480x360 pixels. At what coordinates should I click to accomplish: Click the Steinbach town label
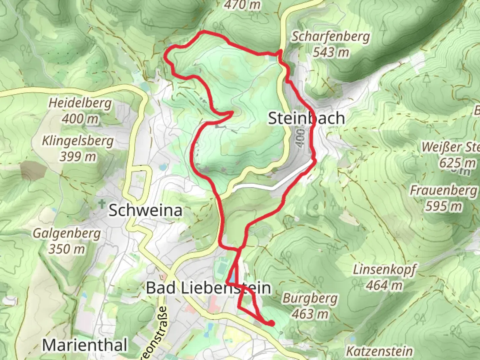(306, 118)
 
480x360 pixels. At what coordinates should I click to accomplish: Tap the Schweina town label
(145, 211)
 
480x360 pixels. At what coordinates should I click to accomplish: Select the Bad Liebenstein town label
(208, 288)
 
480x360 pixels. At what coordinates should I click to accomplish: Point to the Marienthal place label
(85, 345)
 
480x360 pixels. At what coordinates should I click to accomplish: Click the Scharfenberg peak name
(331, 37)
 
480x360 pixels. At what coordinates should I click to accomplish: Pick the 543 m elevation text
(331, 52)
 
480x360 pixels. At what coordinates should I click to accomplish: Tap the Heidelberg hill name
(80, 103)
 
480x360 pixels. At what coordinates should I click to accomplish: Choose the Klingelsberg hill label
(78, 141)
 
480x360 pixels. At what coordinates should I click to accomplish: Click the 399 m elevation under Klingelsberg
(78, 156)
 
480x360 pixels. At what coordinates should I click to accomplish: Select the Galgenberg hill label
(67, 233)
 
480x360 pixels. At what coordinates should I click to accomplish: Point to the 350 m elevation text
(67, 249)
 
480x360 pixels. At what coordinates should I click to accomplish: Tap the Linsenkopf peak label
(384, 270)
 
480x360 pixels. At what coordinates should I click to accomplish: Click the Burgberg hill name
(310, 298)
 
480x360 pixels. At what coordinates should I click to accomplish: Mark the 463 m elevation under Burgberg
(310, 314)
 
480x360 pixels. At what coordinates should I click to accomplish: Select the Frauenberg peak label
(443, 191)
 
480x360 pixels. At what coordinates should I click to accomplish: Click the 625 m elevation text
(457, 163)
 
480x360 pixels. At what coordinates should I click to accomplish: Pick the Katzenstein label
(379, 351)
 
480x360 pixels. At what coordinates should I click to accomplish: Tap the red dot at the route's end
(272, 323)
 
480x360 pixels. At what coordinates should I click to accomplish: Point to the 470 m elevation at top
(242, 5)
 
